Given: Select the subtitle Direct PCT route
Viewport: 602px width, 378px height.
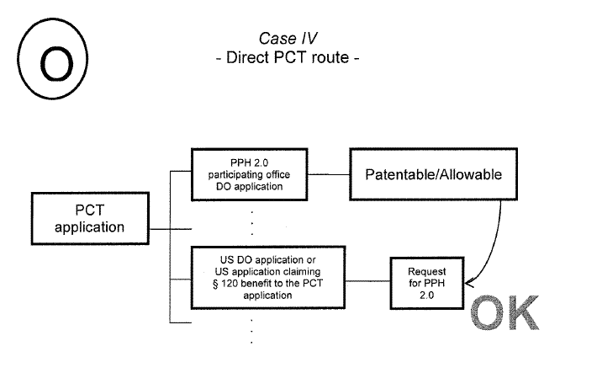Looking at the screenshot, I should tap(287, 61).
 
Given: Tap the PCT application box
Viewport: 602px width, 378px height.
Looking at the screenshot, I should tap(89, 217).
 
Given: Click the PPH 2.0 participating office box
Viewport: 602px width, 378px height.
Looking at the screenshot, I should tap(248, 175).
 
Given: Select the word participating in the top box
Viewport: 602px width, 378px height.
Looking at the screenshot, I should tap(237, 175).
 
